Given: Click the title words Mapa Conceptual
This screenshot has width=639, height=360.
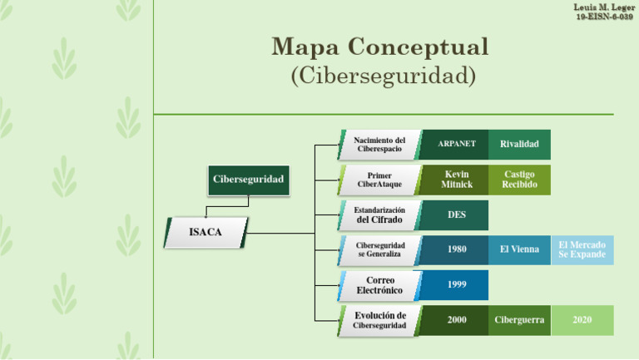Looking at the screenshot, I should tap(380, 47).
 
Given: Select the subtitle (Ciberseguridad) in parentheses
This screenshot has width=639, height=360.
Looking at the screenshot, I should tap(383, 76).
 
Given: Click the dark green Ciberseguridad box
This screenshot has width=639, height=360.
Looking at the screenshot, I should tap(248, 180).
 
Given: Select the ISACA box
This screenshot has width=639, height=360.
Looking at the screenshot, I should tap(206, 232).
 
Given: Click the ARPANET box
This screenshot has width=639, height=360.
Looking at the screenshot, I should tap(456, 145).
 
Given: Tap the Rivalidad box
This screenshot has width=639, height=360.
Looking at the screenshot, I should tap(519, 145).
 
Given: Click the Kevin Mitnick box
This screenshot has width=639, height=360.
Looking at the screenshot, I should tap(456, 180).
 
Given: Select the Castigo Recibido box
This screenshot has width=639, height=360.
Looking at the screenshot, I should tap(519, 180).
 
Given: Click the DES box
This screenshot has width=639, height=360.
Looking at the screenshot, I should tap(456, 215).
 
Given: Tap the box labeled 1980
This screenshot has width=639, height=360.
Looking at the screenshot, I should tap(456, 249).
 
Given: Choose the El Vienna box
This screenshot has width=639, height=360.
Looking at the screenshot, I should tap(519, 249).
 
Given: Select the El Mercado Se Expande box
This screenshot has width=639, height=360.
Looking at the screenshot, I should tap(582, 249).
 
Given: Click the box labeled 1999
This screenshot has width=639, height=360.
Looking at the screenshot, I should tap(456, 284).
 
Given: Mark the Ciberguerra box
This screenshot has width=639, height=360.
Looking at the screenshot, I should tap(519, 320).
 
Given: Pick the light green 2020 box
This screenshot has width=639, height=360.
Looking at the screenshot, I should tap(582, 320).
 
